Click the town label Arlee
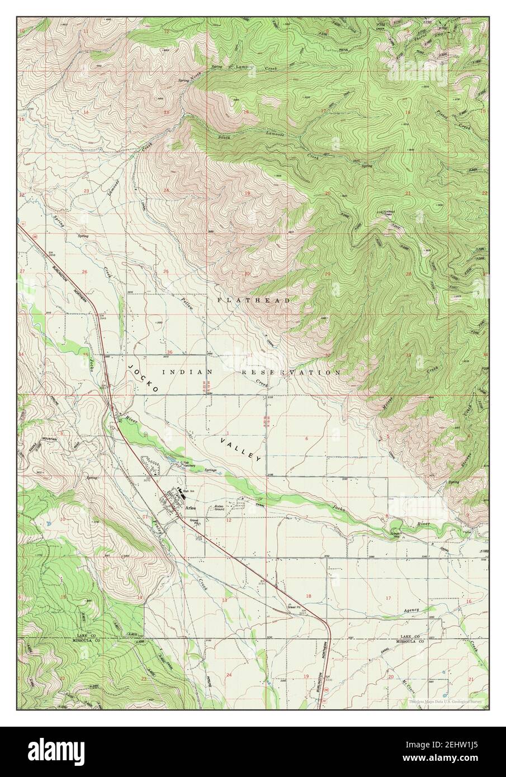click(x=190, y=508)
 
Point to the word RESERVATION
click(x=291, y=372)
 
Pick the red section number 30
click(x=247, y=274)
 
